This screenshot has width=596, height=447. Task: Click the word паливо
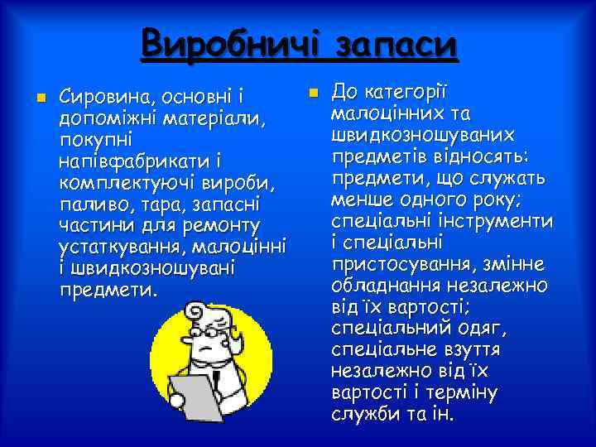coord(90,204)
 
